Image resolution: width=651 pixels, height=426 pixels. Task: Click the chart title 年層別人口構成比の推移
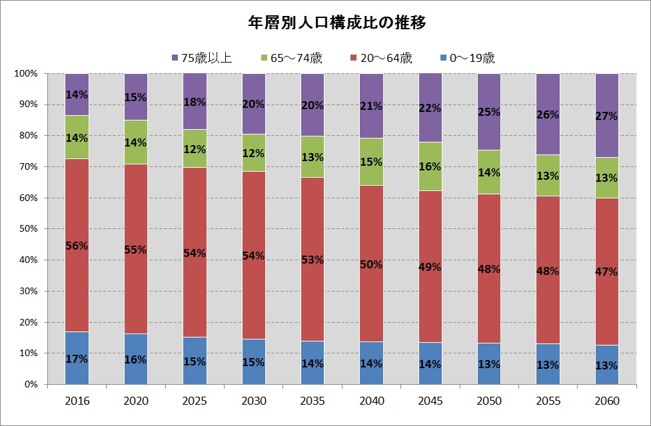pyautogui.click(x=336, y=23)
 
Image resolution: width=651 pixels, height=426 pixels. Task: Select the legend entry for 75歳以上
pyautogui.click(x=202, y=58)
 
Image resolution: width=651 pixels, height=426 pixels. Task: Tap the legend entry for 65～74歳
pyautogui.click(x=291, y=58)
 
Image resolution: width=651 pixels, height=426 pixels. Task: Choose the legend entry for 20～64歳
pyautogui.click(x=381, y=58)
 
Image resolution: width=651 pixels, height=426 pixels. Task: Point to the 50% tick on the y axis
pyautogui.click(x=28, y=228)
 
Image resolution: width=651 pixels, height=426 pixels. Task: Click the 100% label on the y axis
pyautogui.click(x=26, y=73)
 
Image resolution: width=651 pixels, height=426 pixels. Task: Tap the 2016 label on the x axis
pyautogui.click(x=77, y=401)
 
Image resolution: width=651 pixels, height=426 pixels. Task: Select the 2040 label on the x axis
pyautogui.click(x=372, y=401)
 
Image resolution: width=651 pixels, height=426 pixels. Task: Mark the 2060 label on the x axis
pyautogui.click(x=607, y=401)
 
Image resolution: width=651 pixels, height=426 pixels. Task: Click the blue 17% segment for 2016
pyautogui.click(x=77, y=358)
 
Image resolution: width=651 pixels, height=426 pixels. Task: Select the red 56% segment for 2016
pyautogui.click(x=77, y=245)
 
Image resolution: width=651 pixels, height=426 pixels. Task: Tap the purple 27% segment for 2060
pyautogui.click(x=607, y=115)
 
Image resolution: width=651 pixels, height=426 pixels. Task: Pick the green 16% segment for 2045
pyautogui.click(x=430, y=166)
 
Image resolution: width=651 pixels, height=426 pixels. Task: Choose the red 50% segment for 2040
pyautogui.click(x=372, y=264)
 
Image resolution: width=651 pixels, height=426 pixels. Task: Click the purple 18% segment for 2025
pyautogui.click(x=195, y=101)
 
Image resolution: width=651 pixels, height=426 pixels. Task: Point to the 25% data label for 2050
pyautogui.click(x=489, y=112)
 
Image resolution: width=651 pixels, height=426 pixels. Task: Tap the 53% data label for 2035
pyautogui.click(x=313, y=260)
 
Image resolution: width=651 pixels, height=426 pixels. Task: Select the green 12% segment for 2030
pyautogui.click(x=254, y=152)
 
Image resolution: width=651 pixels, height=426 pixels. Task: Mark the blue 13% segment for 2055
pyautogui.click(x=548, y=364)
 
